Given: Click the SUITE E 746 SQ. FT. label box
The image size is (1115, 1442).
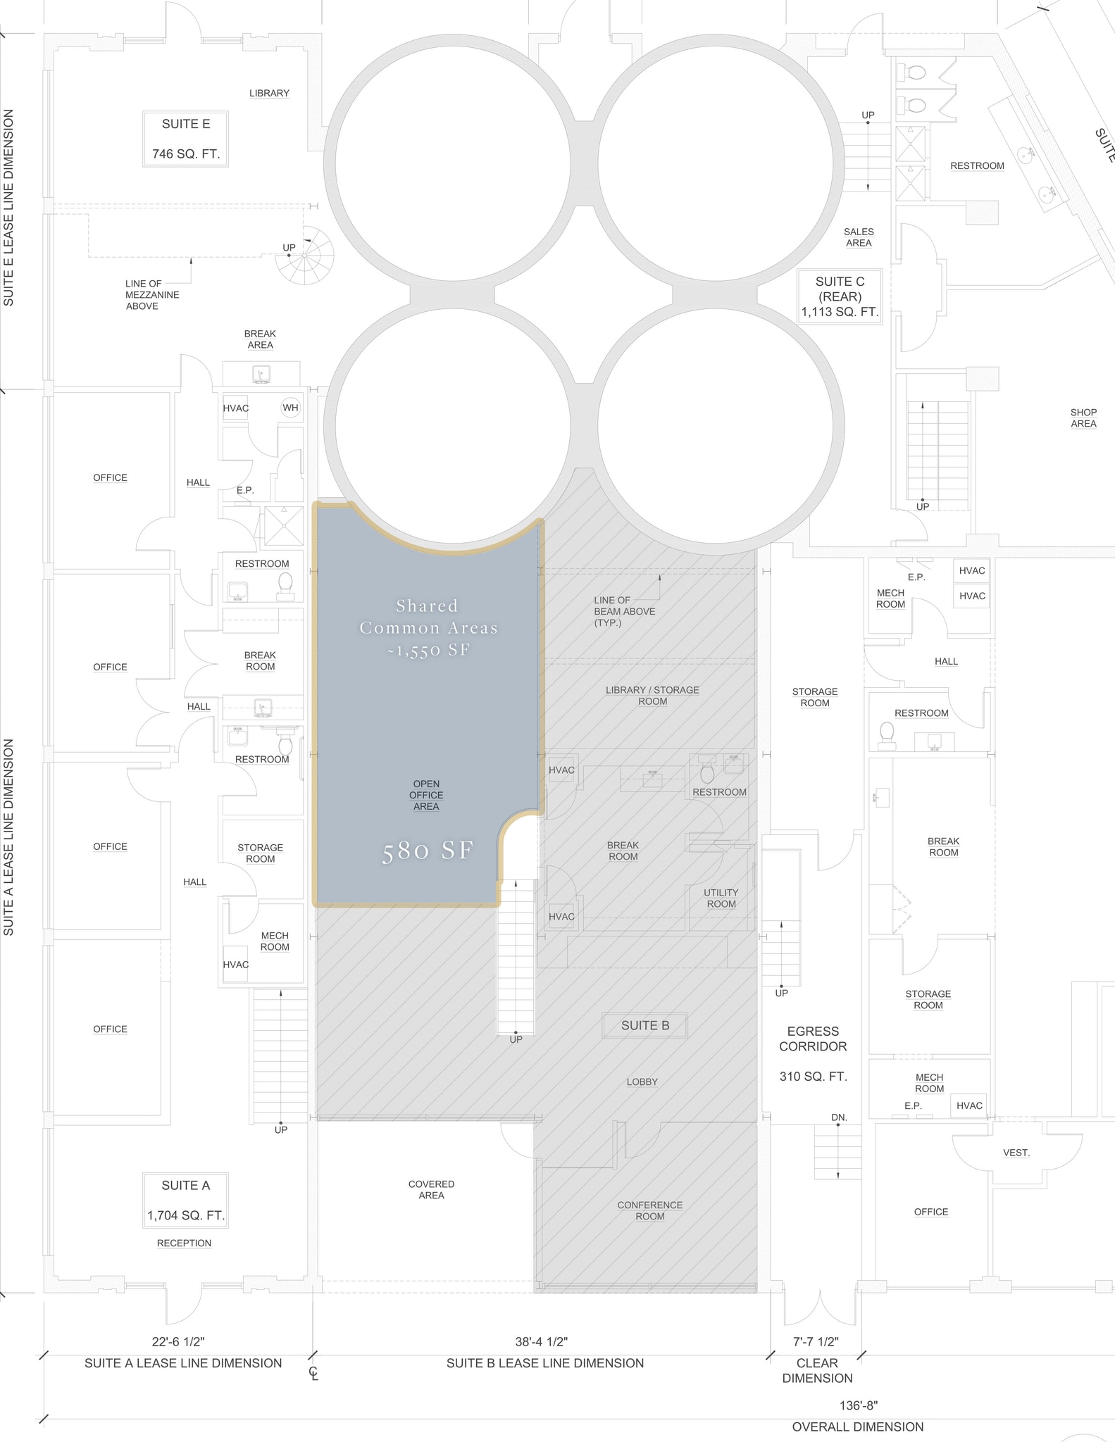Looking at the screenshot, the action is coord(186,139).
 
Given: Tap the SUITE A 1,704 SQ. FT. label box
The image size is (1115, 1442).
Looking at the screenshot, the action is coord(186,1200).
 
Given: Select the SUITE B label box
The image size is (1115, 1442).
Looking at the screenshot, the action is coord(645,1026).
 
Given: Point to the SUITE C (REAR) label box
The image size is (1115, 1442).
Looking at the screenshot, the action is coord(840,296).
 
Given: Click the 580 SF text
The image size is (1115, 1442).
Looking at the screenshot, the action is coord(428,851).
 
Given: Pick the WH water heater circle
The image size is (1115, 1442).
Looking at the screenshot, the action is coord(290,408).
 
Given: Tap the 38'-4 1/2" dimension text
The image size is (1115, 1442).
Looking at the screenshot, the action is coord(542,1342).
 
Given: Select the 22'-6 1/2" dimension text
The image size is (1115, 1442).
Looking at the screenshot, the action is coord(178,1342).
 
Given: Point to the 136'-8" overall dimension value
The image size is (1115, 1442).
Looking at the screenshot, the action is coord(859,1405).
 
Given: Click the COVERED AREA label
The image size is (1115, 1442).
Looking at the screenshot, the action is coord(431,1189).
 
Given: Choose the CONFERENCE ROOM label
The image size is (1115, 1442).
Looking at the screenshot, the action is coord(650,1210).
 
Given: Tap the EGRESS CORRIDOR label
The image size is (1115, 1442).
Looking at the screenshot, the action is coord(813,1039).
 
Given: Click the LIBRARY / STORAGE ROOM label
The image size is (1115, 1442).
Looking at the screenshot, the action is coord(652,696).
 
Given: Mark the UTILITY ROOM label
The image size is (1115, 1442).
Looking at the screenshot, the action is coord(721,898).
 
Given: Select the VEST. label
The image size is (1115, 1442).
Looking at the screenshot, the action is coord(1016,1153).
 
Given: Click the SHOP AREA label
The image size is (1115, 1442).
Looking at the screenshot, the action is coord(1083,418).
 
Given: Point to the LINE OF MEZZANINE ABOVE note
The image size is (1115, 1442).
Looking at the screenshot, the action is coord(152,295).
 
